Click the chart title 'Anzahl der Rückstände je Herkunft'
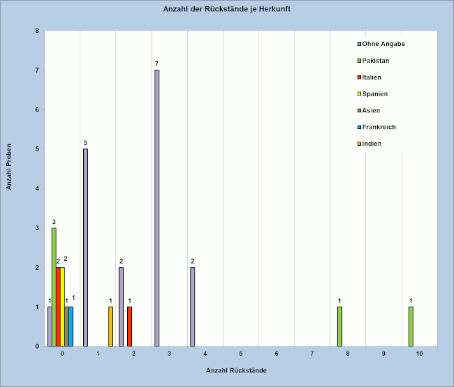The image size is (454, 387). [227, 9]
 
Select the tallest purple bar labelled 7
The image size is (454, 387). [157, 208]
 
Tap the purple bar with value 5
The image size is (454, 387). [85, 248]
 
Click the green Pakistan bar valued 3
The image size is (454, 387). [54, 287]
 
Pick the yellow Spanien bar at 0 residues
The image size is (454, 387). [62, 307]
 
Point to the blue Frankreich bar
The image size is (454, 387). [71, 326]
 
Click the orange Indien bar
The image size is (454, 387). [110, 326]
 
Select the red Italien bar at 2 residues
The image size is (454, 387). [129, 326]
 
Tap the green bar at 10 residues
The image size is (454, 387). [411, 326]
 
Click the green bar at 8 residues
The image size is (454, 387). [339, 326]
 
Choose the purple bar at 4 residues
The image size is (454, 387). [193, 307]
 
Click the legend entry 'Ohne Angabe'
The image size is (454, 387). [381, 44]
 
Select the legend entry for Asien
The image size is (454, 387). [369, 110]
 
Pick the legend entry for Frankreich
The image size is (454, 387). [376, 127]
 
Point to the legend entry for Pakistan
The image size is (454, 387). [373, 61]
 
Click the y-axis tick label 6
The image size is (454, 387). [37, 109]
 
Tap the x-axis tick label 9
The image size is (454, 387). [383, 354]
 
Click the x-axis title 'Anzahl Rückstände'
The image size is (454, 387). [236, 370]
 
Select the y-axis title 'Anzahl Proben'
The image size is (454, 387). [9, 167]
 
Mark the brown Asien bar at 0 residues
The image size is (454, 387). [66, 326]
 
